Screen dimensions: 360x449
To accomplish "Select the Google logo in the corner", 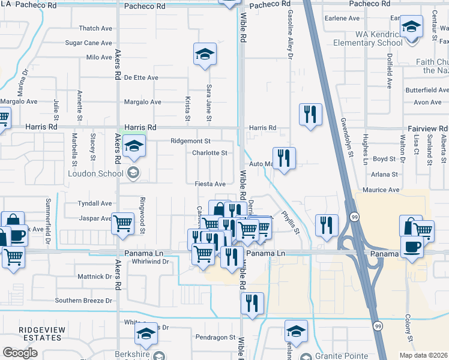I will (x=20, y=352).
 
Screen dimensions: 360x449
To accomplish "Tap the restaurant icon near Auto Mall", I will (x=284, y=158).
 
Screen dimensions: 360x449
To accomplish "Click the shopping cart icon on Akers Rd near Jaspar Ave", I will (x=122, y=223).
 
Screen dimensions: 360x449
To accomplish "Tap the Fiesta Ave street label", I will (x=209, y=184).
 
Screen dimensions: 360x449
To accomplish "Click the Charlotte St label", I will (x=209, y=153).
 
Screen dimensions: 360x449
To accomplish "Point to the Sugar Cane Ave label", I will (x=89, y=43).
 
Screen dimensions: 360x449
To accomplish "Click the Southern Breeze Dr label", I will (x=84, y=300).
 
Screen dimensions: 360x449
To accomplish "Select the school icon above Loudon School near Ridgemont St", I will (x=134, y=146).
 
